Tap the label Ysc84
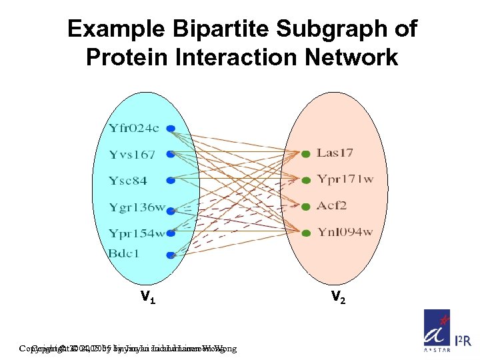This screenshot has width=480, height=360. coord(128,181)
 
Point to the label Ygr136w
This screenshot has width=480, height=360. coord(137,207)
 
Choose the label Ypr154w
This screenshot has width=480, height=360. coord(137,233)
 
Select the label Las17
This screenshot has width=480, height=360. coord(335,153)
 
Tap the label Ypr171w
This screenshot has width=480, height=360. coord(345,180)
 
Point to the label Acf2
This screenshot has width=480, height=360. coord(331,205)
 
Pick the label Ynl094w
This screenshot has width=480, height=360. coord(344,232)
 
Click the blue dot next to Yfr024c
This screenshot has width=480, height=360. coord(171,128)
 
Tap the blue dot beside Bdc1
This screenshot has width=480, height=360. coord(171,255)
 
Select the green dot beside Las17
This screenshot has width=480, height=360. coord(305,154)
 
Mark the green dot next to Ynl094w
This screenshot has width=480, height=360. coord(305,233)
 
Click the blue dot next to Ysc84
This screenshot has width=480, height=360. coord(171,181)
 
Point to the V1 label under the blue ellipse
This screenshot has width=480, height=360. coord(147,299)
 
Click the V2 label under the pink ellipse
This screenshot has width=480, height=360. coord(337,299)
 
